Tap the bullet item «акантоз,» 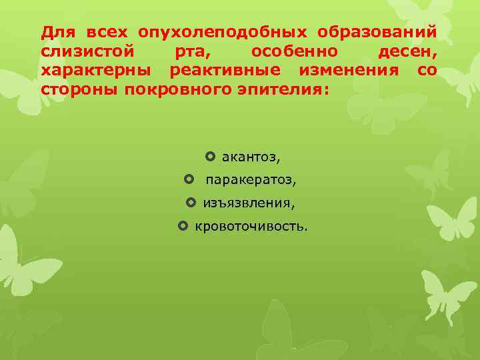coord(251,158)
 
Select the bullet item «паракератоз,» coord(251,181)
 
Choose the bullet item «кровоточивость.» coord(251,227)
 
